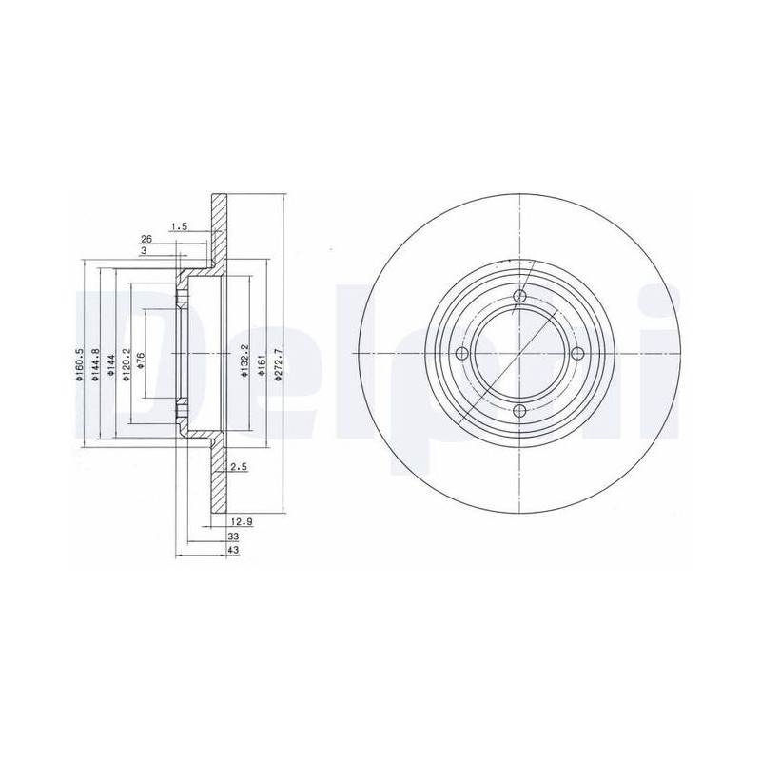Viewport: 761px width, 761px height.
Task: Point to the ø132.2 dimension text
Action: pos(245,361)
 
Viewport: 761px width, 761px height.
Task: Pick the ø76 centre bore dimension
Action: pos(142,361)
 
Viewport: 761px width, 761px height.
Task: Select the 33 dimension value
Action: pos(233,536)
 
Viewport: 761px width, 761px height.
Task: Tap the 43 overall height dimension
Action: pos(233,550)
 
